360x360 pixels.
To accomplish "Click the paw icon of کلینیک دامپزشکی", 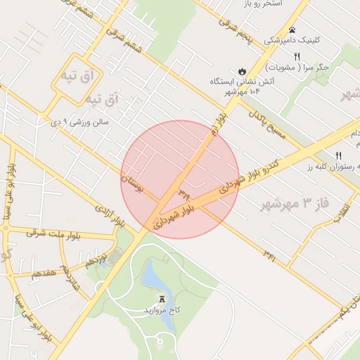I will tap(292, 30).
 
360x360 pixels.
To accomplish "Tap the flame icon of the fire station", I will tap(242, 71).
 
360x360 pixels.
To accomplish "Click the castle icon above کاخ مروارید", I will tap(163, 299).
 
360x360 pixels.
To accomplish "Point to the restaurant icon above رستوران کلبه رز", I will tap(339, 155).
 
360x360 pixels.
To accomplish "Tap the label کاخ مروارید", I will tap(163, 310).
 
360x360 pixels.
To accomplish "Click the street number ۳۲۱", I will tap(270, 255).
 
